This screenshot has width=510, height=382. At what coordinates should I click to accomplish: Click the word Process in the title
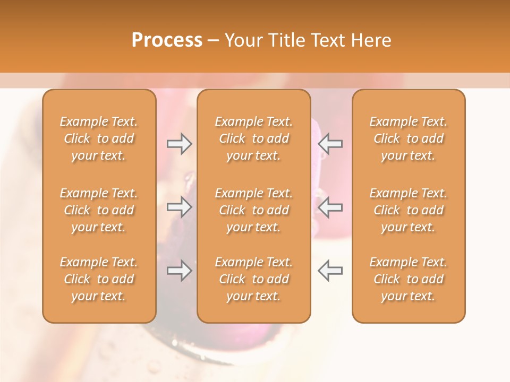click(x=167, y=40)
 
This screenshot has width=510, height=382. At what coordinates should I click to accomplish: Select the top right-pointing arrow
click(x=180, y=144)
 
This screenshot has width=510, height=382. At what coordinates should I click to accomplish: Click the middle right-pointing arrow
click(x=180, y=207)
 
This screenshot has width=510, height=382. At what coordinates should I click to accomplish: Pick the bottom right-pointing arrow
click(x=180, y=271)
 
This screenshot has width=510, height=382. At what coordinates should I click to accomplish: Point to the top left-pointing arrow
click(x=330, y=144)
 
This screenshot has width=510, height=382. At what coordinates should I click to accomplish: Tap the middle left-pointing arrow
click(x=330, y=207)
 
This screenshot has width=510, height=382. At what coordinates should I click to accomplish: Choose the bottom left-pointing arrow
click(x=330, y=271)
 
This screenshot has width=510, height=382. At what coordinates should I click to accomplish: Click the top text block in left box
click(x=99, y=138)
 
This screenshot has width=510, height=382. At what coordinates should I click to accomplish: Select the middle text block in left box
click(x=99, y=210)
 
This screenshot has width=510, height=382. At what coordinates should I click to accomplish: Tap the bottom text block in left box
click(x=99, y=279)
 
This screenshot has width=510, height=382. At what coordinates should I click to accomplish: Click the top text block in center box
click(x=253, y=138)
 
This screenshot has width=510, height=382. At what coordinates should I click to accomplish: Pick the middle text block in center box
click(x=253, y=210)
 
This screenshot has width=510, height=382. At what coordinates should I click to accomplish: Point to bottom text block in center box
click(x=253, y=279)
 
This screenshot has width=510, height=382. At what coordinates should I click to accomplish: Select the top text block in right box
click(x=408, y=138)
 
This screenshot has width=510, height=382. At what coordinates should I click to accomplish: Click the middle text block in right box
click(x=408, y=210)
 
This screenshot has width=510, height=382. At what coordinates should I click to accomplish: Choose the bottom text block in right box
click(x=408, y=279)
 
